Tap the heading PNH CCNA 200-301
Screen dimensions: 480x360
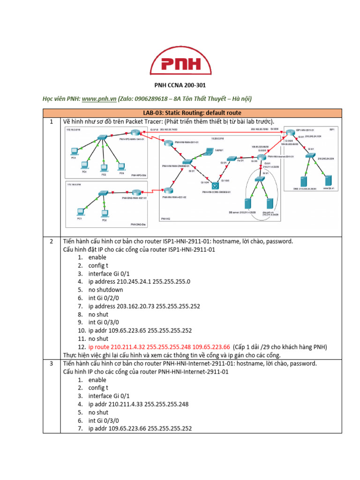point(180,85)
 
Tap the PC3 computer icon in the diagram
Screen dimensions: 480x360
point(73,151)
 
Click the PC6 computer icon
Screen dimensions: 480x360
point(121,166)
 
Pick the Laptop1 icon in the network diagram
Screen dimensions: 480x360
point(208,151)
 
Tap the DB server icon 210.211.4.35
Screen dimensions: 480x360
point(248,203)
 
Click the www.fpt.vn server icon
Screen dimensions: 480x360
point(329,180)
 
